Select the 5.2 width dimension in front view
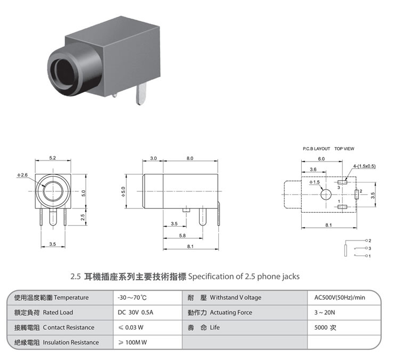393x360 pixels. [52, 158]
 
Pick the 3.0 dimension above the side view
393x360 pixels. [153, 158]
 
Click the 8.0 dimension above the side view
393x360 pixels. [190, 158]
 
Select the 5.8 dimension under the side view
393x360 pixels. [183, 235]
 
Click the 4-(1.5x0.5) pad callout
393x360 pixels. [364, 166]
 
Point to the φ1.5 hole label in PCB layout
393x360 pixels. [314, 182]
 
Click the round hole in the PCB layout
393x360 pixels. [326, 195]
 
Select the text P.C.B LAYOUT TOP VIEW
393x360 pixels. [328, 148]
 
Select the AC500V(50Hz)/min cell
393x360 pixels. [340, 298]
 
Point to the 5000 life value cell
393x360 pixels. [326, 327]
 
